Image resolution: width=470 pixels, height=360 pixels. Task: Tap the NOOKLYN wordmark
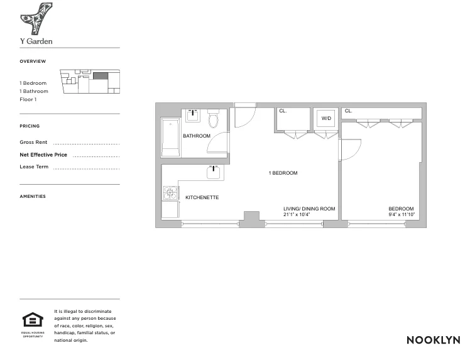433,340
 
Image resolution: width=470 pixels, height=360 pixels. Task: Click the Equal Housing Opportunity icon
32,320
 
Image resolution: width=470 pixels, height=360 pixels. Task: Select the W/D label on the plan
326,118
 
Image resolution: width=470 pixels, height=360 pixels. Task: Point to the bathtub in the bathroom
171,138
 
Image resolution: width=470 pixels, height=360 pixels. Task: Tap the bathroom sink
192,116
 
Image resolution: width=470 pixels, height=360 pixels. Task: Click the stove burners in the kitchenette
170,192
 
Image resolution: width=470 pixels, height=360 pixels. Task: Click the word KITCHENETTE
202,198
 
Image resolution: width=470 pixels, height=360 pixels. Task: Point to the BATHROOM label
197,136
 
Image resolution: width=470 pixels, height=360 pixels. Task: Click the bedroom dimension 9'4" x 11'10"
401,214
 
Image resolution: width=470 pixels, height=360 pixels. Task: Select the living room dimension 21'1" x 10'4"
297,214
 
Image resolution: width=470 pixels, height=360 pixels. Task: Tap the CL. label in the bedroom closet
349,111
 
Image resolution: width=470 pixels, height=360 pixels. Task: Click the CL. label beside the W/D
283,111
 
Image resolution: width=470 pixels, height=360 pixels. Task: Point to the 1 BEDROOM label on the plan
283,173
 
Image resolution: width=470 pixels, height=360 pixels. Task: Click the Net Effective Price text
43,155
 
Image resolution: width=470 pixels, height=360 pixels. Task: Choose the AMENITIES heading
33,197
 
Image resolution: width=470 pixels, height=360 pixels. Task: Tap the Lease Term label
34,167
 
